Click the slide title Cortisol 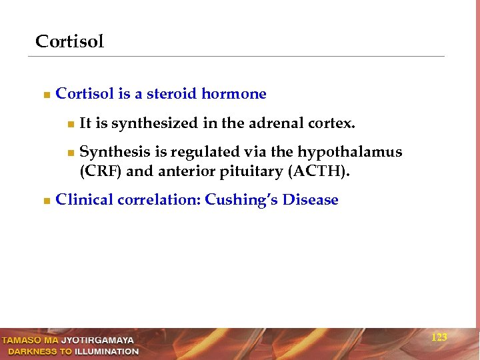coord(69,41)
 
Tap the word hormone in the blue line coord(235,94)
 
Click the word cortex coord(331,123)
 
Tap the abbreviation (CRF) coord(100,171)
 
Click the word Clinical coord(85,200)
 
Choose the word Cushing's coord(241,200)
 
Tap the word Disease coord(310,200)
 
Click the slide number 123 coord(439,338)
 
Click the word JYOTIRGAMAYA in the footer coord(97,341)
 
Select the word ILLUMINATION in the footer coord(107,351)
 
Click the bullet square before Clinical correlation coord(45,201)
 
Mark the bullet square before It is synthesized coord(70,124)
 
